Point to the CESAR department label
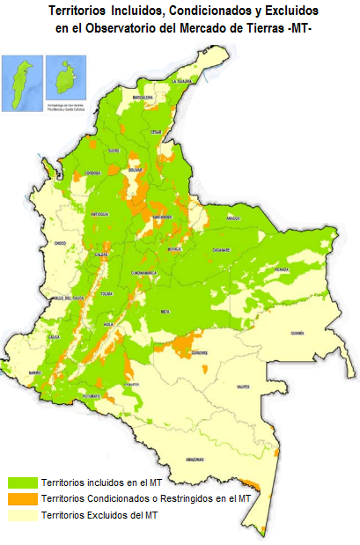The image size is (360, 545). point(157,132)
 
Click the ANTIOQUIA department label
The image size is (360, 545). point(99,214)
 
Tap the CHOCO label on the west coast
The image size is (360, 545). point(60,241)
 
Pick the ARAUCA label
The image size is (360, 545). point(233,217)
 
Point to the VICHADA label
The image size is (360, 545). point(281,269)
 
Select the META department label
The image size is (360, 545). point(165,312)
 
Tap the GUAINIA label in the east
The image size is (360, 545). point(297,334)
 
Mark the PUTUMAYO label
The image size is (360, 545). point(92,398)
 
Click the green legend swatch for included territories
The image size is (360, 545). point(23,482)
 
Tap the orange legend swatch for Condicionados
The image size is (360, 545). point(23,498)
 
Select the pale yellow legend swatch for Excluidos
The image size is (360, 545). point(23,513)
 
